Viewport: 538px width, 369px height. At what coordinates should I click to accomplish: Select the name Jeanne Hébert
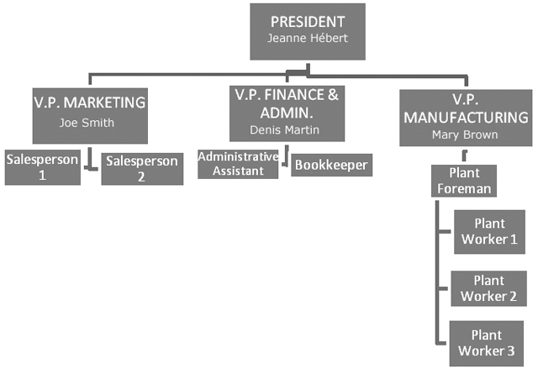309,39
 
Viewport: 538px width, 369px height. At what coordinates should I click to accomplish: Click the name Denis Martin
286,130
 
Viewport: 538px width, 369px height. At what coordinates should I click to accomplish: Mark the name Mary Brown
465,134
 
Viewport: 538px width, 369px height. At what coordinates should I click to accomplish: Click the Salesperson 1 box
43,167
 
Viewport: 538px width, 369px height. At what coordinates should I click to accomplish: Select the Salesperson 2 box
142,168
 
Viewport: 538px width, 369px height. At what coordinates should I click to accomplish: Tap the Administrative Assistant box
237,163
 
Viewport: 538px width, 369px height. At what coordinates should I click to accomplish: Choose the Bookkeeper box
331,165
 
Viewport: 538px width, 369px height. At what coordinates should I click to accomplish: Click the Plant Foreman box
464,181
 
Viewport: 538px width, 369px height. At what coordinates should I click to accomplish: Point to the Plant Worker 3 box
488,343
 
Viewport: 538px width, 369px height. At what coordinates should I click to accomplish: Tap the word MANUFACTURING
465,117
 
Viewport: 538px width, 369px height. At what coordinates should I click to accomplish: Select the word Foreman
464,189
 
